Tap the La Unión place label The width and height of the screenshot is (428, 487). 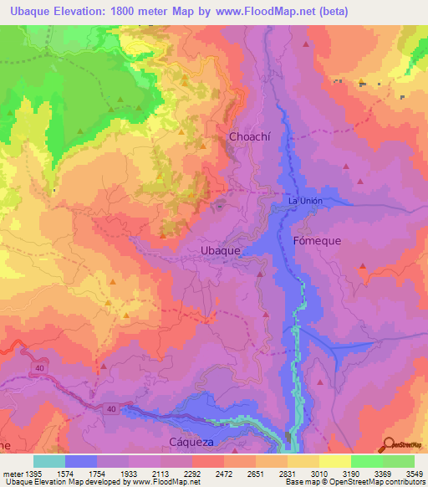(x=304, y=202)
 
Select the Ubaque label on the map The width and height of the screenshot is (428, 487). (x=222, y=250)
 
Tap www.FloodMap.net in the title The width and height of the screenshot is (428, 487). (x=263, y=11)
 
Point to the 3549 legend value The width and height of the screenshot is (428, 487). (x=415, y=473)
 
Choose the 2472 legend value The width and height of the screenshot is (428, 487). (x=223, y=473)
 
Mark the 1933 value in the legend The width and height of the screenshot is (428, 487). (x=128, y=473)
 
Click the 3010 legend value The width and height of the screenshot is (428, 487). (x=319, y=473)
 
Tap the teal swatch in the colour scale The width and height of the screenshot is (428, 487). (x=49, y=461)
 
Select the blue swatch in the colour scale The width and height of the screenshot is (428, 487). (x=81, y=461)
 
